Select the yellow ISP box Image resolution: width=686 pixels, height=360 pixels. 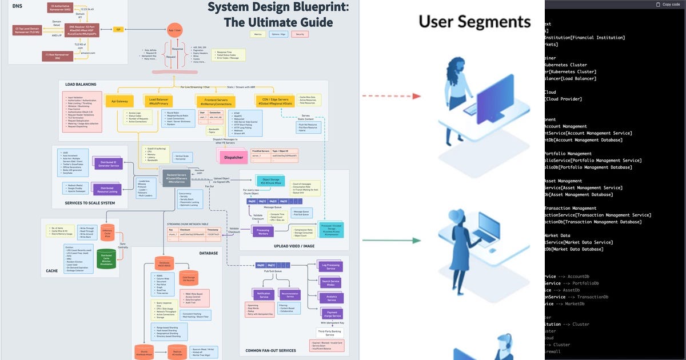tap(118, 29)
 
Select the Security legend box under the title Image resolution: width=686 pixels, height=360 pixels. tap(300, 34)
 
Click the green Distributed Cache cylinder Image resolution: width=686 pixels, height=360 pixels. tap(106, 258)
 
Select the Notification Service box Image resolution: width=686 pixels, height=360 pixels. tap(264, 295)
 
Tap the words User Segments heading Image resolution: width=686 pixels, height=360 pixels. tap(474, 22)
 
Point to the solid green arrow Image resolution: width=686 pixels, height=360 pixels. tap(392, 241)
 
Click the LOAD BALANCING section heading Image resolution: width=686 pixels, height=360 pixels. tap(78, 83)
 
